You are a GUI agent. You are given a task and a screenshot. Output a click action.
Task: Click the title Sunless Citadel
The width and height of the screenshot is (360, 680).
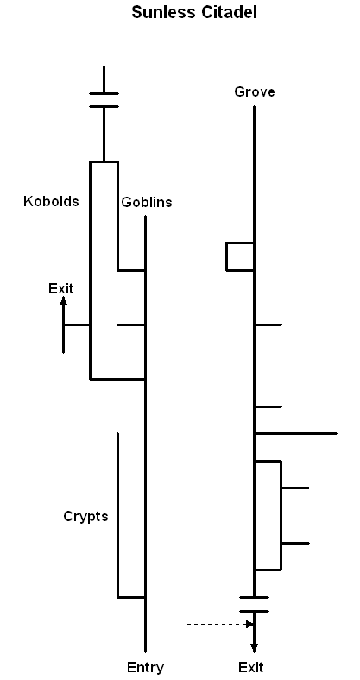[194, 12]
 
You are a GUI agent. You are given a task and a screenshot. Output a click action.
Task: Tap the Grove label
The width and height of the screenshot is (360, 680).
[254, 92]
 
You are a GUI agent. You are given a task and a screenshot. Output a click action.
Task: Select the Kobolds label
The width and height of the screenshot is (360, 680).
[51, 201]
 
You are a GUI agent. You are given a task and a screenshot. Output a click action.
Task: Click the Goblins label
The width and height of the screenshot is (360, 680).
[147, 202]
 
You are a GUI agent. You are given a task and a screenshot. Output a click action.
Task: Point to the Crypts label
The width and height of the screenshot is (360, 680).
[85, 517]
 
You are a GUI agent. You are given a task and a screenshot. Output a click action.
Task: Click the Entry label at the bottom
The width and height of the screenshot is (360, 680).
[145, 667]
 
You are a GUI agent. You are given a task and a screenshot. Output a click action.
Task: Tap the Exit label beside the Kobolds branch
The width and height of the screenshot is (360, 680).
[61, 288]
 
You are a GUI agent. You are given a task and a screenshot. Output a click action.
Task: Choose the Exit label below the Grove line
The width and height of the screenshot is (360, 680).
[251, 667]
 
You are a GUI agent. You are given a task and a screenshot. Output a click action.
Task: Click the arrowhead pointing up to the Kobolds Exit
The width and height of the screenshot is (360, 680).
[63, 302]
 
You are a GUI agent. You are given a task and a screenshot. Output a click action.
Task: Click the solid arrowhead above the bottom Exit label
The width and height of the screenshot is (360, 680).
[254, 648]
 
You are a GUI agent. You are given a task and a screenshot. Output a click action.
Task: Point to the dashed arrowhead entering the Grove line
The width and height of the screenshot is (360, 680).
[249, 625]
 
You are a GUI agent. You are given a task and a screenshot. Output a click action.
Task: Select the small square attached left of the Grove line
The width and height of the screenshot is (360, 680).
[226, 257]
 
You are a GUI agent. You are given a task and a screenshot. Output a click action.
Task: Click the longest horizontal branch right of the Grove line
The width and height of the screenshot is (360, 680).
[296, 433]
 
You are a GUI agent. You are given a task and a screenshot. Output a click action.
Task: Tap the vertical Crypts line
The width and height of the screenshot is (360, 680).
[117, 515]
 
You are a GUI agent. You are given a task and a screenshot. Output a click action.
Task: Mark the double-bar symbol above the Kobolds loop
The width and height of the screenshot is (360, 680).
[104, 100]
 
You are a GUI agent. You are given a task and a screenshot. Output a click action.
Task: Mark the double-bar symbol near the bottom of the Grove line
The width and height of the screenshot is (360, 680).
[254, 605]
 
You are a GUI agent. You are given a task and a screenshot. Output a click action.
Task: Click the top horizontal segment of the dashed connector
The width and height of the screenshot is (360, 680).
[146, 66]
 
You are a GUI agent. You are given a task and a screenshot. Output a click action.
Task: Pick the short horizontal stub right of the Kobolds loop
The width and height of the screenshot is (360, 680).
[131, 324]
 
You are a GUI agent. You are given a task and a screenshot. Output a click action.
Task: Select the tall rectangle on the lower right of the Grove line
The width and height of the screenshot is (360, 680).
[281, 515]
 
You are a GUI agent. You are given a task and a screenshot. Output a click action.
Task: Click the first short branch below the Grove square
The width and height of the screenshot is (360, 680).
[268, 324]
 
